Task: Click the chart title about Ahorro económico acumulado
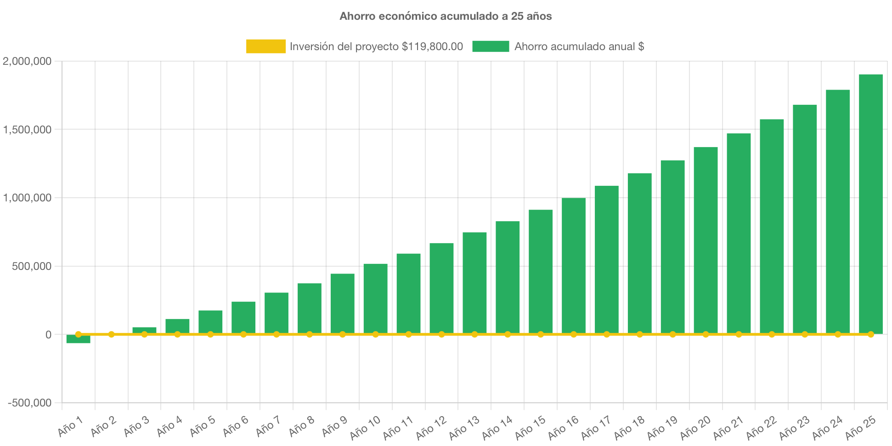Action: tap(446, 16)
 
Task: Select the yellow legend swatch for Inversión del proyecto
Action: tap(265, 46)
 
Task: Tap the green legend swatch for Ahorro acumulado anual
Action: tap(491, 46)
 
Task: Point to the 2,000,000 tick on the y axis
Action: tap(27, 61)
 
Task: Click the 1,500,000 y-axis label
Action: tap(27, 130)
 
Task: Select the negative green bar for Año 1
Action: tap(78, 340)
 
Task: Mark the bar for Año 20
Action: tap(706, 239)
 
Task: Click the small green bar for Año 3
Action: tap(144, 330)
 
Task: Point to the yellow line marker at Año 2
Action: tap(111, 334)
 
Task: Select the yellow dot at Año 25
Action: tap(870, 334)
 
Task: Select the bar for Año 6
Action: tap(243, 317)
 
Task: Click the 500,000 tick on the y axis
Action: tap(32, 266)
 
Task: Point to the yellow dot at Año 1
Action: tap(78, 334)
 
